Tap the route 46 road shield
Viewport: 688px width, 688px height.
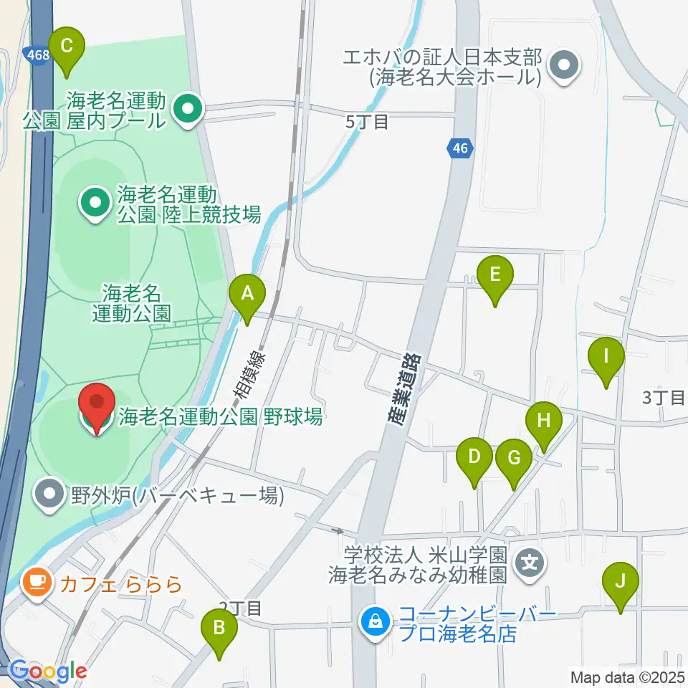pyautogui.click(x=460, y=148)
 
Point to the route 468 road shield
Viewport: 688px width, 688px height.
pyautogui.click(x=36, y=54)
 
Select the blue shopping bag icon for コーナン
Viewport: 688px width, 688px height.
pyautogui.click(x=375, y=621)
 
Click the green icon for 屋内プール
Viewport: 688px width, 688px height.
pyautogui.click(x=189, y=110)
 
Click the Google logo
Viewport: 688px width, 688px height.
pyautogui.click(x=47, y=672)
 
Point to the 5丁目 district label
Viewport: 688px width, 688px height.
pyautogui.click(x=367, y=122)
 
